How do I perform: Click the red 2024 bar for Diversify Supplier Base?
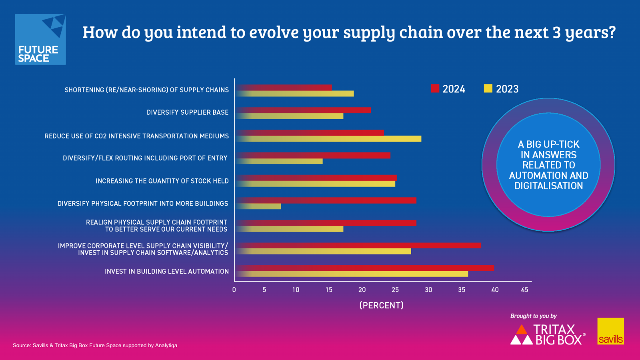304,110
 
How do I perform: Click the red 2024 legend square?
435,88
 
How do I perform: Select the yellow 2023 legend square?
488,88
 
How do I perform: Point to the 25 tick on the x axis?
395,290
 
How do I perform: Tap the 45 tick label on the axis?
524,290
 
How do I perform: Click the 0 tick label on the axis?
234,290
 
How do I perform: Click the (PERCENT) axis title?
381,305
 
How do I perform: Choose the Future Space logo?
40,40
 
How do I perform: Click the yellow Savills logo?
610,331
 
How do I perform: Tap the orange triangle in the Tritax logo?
522,330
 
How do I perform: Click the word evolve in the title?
274,32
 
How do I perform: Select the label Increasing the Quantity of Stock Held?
162,181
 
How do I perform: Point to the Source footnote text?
95,345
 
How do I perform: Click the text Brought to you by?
533,316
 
